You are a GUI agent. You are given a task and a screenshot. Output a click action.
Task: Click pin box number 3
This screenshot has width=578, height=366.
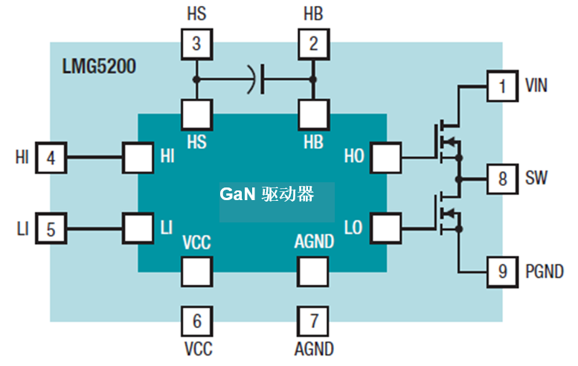pos(196,44)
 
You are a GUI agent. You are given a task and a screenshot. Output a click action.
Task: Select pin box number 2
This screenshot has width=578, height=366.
pos(313,44)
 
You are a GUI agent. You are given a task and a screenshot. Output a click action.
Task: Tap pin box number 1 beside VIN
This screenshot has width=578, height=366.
pos(502,86)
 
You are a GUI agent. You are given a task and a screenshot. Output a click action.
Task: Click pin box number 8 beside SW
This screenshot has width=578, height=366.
pos(502,179)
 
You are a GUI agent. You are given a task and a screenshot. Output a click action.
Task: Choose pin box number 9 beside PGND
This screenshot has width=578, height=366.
pos(502,272)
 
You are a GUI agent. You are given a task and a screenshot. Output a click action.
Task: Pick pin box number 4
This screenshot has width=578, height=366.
pos(51,158)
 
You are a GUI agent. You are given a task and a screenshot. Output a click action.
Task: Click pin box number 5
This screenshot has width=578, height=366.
pos(51,228)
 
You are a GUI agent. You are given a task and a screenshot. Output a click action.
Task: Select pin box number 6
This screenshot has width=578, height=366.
pos(196,321)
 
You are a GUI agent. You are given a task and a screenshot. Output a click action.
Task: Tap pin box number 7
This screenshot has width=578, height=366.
pos(313,321)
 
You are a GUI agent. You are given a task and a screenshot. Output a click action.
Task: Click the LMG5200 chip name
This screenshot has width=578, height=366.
pos(99,68)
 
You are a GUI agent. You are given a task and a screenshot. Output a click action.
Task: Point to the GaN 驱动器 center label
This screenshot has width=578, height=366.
pos(266,195)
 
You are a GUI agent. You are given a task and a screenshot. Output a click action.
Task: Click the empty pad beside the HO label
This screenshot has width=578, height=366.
pos(386,157)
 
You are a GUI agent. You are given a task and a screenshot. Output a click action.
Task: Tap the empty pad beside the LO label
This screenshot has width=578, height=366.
pos(386,227)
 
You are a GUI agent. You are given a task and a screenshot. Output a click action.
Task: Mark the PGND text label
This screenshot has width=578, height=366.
pos(544,272)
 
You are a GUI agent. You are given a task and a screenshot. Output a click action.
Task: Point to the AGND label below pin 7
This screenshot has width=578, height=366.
pos(314,348)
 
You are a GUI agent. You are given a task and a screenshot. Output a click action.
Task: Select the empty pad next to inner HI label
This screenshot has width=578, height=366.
pos(138,158)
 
